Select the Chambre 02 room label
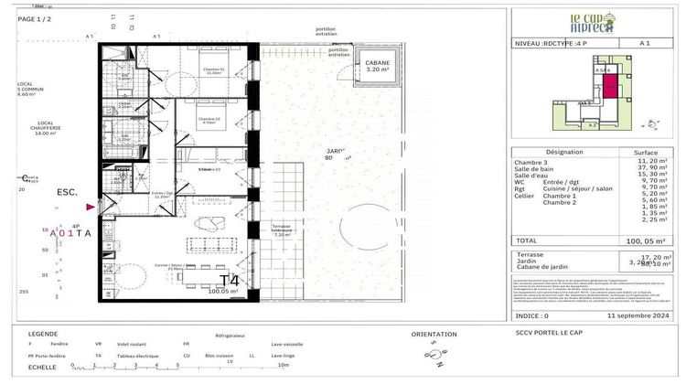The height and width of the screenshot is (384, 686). pyautogui.click(x=210, y=120)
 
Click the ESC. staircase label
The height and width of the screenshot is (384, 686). pyautogui.click(x=68, y=193)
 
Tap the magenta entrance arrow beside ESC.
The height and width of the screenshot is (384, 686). pyautogui.click(x=90, y=208)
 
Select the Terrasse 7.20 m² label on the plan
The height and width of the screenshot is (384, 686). pyautogui.click(x=281, y=229)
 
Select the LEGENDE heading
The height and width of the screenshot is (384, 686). pyautogui.click(x=44, y=335)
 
